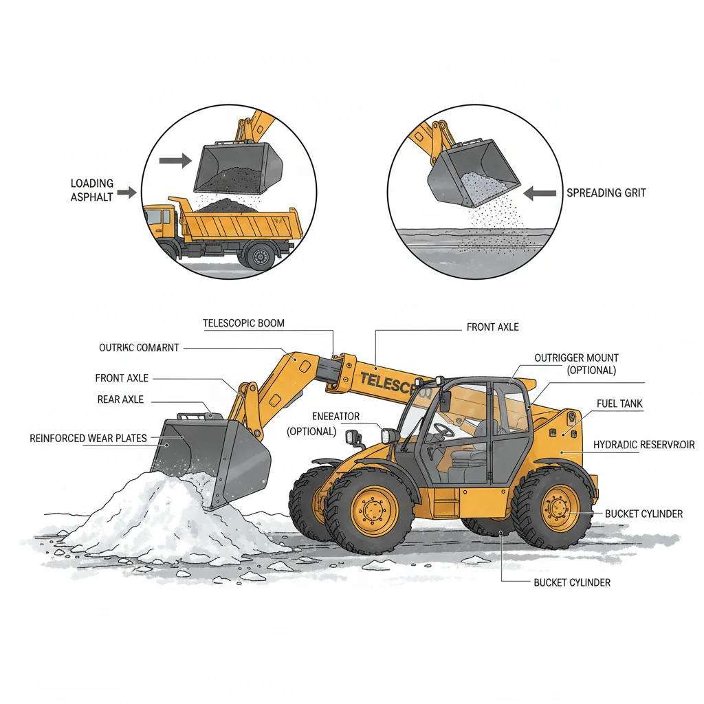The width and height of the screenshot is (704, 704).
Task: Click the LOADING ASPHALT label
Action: pyautogui.click(x=92, y=190)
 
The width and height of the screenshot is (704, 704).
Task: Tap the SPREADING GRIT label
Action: pyautogui.click(x=606, y=193)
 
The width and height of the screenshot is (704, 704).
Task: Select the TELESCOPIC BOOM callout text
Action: pyautogui.click(x=243, y=323)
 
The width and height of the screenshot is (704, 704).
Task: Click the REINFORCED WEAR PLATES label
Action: pyautogui.click(x=89, y=438)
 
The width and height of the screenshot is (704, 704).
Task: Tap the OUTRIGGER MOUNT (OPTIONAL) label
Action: pyautogui.click(x=576, y=364)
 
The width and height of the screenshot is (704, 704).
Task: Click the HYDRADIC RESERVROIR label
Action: pyautogui.click(x=643, y=445)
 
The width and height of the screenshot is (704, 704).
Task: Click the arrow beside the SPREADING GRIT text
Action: pyautogui.click(x=542, y=193)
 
